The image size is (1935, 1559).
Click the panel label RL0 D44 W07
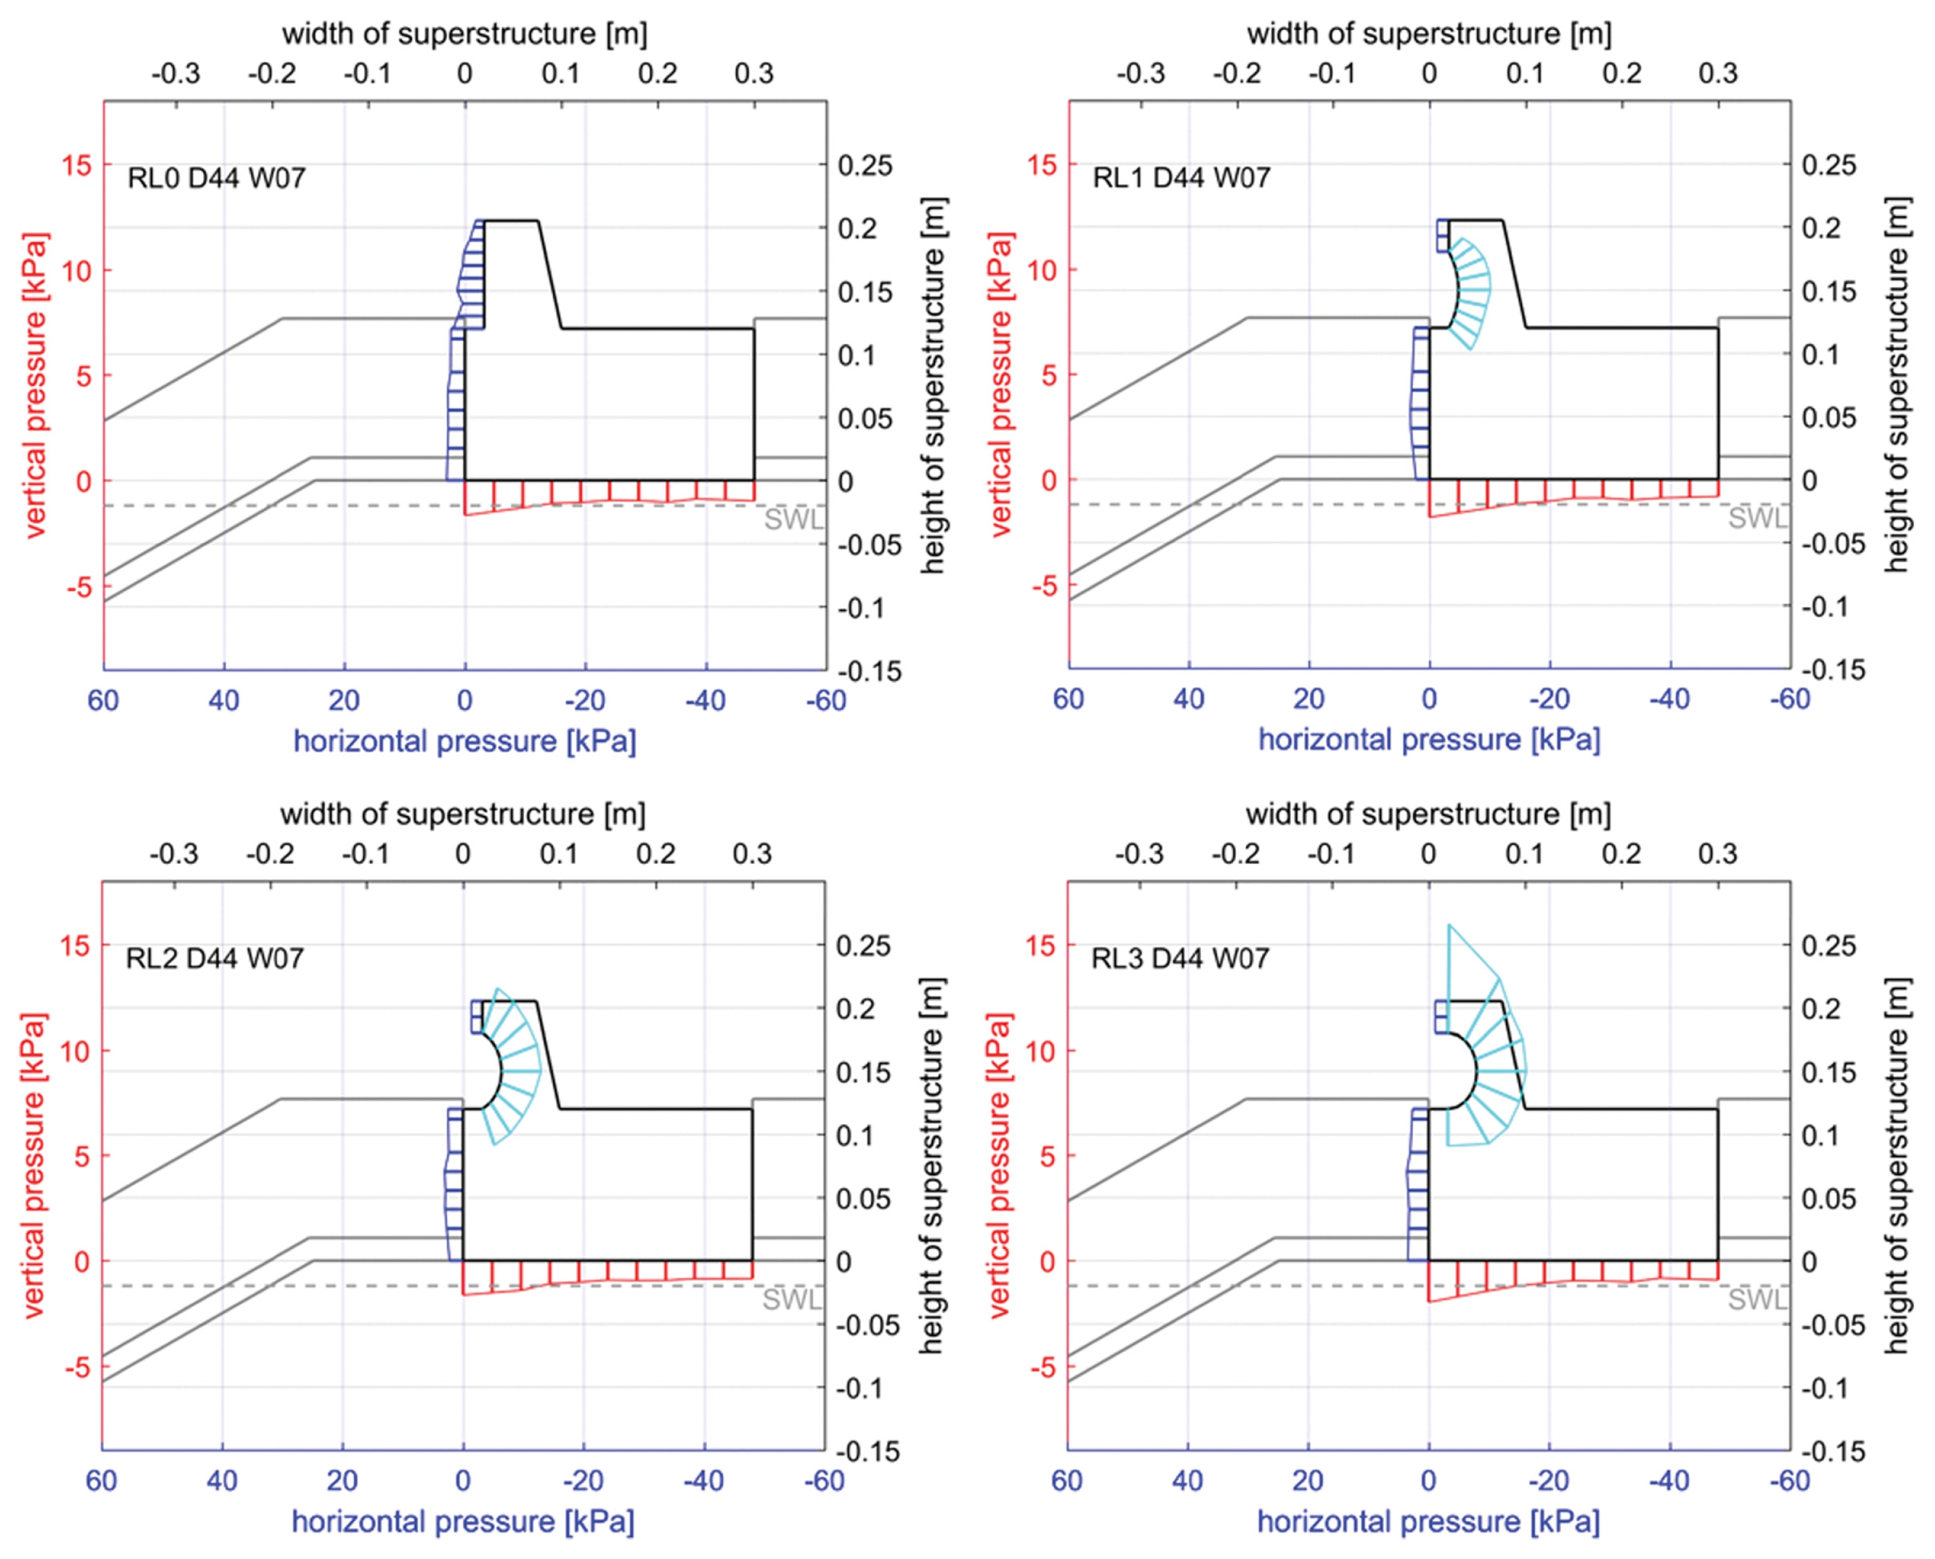(x=216, y=178)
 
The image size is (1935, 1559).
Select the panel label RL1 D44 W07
(x=1181, y=178)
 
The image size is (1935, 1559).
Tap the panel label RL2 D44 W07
(x=215, y=958)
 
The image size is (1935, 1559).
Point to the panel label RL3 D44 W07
(x=1180, y=958)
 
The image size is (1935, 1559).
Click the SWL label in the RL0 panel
(x=793, y=519)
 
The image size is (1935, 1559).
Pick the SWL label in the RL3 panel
(x=1758, y=1300)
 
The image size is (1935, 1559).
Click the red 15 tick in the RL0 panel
(x=76, y=165)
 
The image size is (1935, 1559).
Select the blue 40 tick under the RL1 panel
(x=1189, y=699)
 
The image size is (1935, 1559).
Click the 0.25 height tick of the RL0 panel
(x=866, y=165)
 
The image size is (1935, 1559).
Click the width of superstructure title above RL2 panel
(x=462, y=814)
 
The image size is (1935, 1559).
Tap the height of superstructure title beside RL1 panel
(x=1896, y=385)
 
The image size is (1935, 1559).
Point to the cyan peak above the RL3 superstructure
(x=1448, y=924)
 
